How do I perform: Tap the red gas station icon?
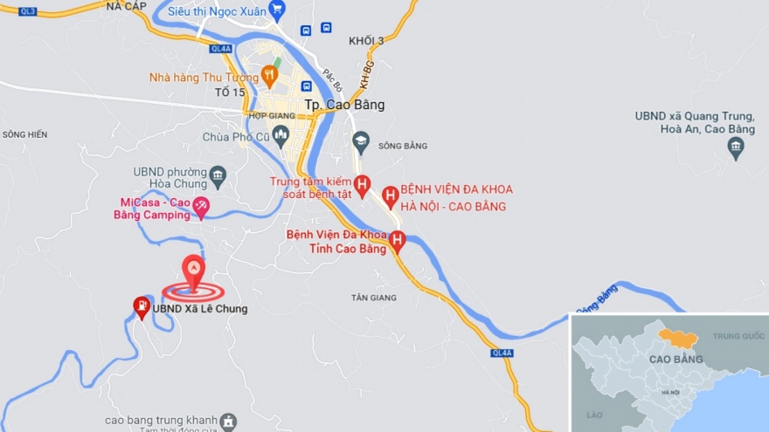click(x=141, y=306)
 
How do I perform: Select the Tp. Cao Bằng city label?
click(x=344, y=105)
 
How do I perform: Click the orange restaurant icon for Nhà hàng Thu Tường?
click(x=269, y=76)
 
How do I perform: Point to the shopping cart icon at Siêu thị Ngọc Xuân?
click(x=277, y=11)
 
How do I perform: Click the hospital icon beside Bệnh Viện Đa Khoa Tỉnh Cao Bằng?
click(x=397, y=240)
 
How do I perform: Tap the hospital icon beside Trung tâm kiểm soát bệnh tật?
click(x=363, y=184)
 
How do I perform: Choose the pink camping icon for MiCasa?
click(x=201, y=207)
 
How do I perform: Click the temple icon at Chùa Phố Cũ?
click(x=281, y=135)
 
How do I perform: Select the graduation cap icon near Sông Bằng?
click(x=360, y=141)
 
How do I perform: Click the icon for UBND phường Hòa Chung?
click(x=218, y=177)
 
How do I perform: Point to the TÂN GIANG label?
click(x=374, y=298)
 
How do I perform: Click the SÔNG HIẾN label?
click(x=24, y=134)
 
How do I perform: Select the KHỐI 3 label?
click(x=366, y=41)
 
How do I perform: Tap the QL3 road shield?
click(x=28, y=11)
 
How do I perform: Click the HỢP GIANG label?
click(x=267, y=115)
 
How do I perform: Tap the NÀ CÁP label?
click(x=125, y=5)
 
